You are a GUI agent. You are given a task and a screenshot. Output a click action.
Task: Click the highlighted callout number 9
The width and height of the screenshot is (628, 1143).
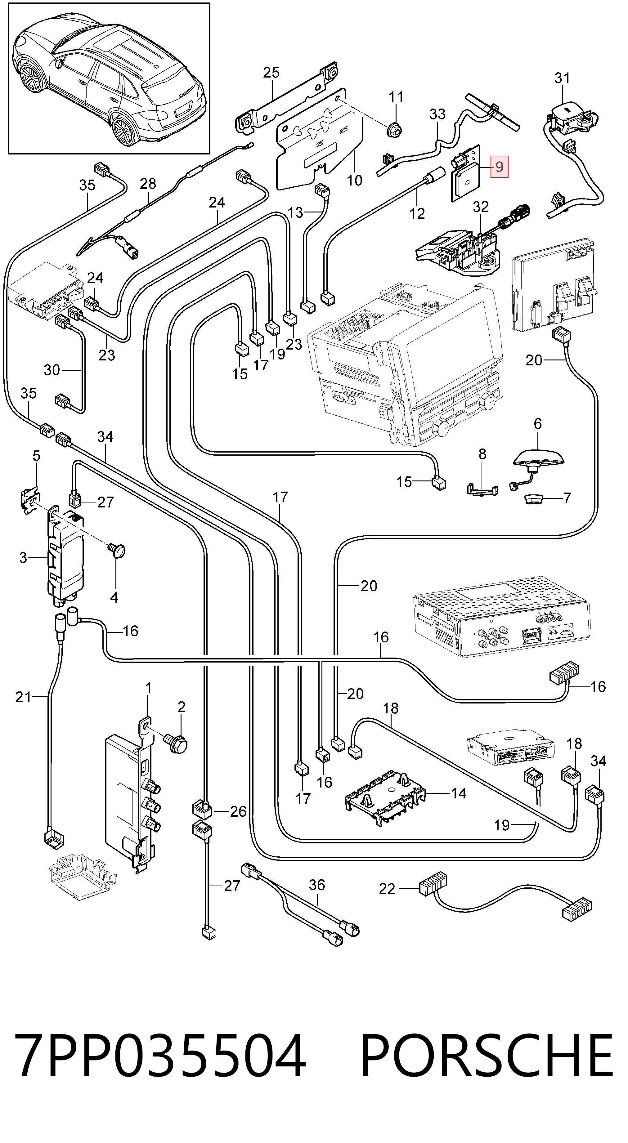coord(499,167)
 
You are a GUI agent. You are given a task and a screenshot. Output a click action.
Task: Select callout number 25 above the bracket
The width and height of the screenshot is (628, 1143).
coord(271,72)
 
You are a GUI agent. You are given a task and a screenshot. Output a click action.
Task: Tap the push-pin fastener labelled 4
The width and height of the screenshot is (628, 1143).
coord(118,551)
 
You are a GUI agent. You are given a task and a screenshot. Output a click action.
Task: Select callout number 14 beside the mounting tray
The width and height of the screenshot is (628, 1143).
coord(459,793)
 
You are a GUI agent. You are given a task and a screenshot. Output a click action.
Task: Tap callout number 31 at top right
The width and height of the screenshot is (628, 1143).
coord(562,78)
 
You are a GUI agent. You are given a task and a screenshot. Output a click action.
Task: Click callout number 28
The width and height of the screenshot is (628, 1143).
coord(148,183)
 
